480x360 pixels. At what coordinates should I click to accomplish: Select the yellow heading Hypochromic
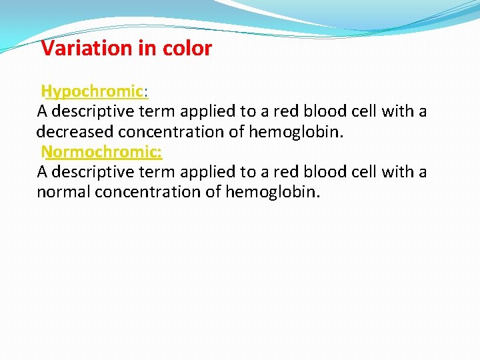tap(93, 91)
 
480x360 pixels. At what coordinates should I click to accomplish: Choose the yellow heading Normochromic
tap(101, 152)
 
